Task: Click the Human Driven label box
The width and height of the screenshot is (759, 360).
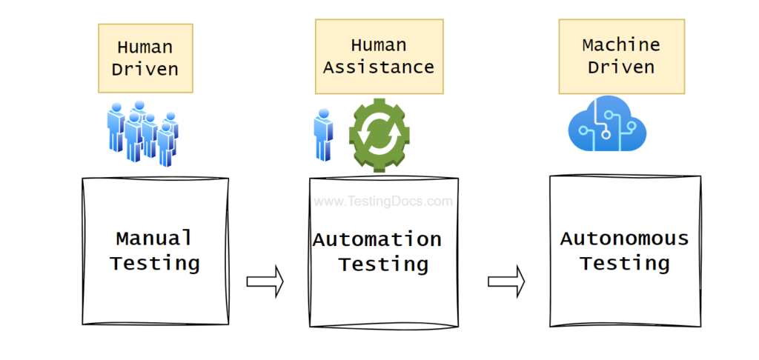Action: tap(145, 58)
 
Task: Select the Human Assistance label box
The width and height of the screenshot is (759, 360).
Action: tap(379, 56)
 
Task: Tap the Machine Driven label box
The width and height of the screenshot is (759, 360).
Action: tap(621, 56)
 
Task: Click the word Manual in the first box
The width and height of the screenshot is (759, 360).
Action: tap(154, 239)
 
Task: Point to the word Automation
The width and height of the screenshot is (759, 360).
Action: tap(377, 240)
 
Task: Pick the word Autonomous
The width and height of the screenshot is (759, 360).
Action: tap(624, 239)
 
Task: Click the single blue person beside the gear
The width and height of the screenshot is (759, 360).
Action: tap(323, 135)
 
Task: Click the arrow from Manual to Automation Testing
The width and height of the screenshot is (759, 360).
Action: tap(265, 281)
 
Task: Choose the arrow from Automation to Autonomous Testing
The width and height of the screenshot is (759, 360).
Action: tap(506, 281)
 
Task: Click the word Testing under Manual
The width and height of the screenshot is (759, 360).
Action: tap(155, 263)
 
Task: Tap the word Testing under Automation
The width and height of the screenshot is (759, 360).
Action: tap(383, 264)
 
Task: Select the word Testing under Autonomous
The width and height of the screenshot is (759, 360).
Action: tap(624, 263)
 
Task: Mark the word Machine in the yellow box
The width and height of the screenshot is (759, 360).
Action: tap(621, 44)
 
